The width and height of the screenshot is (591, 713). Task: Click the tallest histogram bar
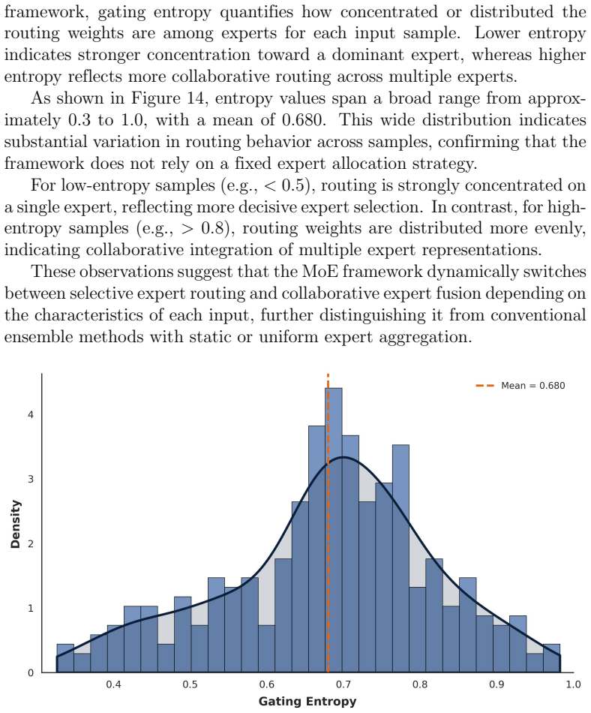(x=334, y=530)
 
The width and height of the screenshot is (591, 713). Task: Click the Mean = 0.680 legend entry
(x=520, y=386)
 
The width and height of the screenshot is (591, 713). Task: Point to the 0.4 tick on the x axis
(x=113, y=684)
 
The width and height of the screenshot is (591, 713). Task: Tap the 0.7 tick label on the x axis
(x=343, y=684)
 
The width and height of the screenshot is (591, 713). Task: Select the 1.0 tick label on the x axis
(x=573, y=684)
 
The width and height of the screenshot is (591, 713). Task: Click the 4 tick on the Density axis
(x=31, y=415)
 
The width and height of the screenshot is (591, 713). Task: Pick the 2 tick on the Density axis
(x=31, y=544)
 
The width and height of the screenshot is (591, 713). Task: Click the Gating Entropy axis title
(x=307, y=701)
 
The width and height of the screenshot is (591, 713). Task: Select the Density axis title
(x=16, y=524)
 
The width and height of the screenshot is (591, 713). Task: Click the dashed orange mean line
(x=328, y=523)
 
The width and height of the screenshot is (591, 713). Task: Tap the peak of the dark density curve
(x=343, y=457)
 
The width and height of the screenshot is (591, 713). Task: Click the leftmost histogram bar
(x=65, y=658)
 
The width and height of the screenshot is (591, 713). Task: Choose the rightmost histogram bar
(x=551, y=658)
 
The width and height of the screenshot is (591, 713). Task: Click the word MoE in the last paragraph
(x=320, y=272)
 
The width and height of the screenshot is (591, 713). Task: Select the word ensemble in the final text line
(x=38, y=337)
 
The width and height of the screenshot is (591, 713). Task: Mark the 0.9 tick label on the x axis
(x=496, y=684)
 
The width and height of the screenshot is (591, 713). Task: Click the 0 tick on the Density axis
(x=31, y=672)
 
